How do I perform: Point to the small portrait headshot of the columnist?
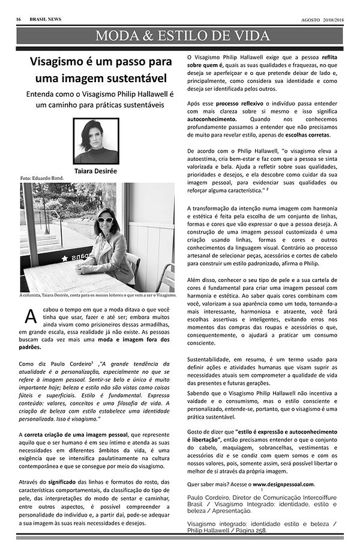(x=96, y=142)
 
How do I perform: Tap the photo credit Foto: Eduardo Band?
(x=43, y=179)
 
